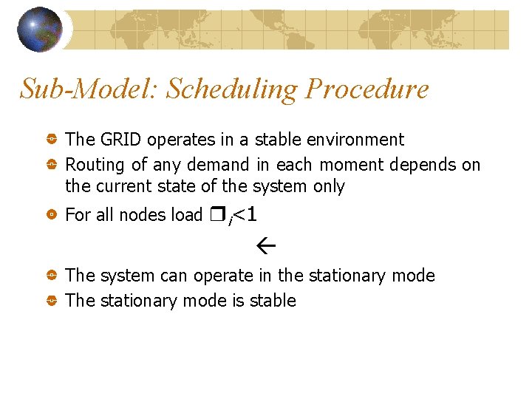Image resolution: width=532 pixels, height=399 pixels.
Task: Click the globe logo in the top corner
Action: click(39, 29)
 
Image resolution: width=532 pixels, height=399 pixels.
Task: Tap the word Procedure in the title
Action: click(366, 89)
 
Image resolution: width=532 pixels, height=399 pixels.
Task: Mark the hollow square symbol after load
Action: click(216, 215)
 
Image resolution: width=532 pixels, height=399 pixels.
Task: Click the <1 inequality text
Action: click(245, 214)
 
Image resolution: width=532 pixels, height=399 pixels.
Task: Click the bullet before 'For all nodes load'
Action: click(52, 215)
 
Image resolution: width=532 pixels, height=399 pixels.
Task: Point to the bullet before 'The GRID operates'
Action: click(52, 140)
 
